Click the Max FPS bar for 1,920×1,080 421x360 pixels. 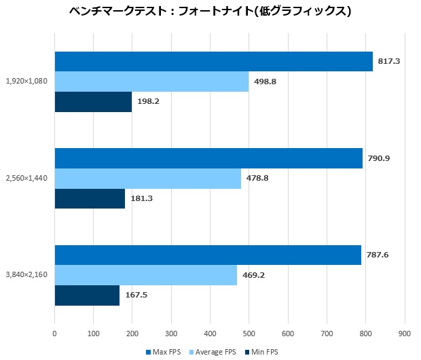click(213, 61)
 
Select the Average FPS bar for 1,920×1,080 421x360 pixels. click(151, 82)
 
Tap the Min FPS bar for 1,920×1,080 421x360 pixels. click(93, 102)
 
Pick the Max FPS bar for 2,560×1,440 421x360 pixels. click(208, 158)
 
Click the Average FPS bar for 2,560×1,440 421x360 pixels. click(147, 179)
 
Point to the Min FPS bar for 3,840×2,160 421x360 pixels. click(87, 295)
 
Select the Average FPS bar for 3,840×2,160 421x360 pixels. click(145, 275)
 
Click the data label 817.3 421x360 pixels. click(388, 61)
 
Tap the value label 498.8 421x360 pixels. click(264, 82)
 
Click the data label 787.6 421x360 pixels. click(377, 255)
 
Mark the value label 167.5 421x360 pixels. click(135, 295)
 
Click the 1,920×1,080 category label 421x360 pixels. click(26, 82)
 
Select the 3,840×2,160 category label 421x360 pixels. click(26, 275)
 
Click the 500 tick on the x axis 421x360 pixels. click(249, 333)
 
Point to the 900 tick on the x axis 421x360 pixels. click(405, 333)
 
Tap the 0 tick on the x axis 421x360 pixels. click(54, 333)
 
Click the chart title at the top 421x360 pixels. click(210, 12)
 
